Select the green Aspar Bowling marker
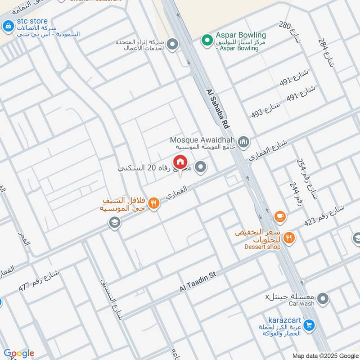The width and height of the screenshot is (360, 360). point(207,40)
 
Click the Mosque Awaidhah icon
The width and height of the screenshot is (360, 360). point(244,143)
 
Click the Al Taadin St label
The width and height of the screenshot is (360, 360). point(198,282)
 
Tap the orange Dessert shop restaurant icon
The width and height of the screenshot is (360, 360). point(289,238)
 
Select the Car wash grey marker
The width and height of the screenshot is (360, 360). point(323,298)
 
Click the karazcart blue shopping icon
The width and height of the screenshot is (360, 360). point(309,324)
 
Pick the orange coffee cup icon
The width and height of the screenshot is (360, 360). point(280,216)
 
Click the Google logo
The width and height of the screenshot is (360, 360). point(18,353)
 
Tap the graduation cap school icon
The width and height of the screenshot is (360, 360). point(115,223)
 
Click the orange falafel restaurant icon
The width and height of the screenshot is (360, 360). point(154,203)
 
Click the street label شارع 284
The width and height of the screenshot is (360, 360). point(326,52)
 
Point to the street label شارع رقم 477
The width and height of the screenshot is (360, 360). point(39,279)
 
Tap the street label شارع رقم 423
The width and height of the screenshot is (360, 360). point(324,216)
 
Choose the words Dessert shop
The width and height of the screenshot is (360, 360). point(262,247)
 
